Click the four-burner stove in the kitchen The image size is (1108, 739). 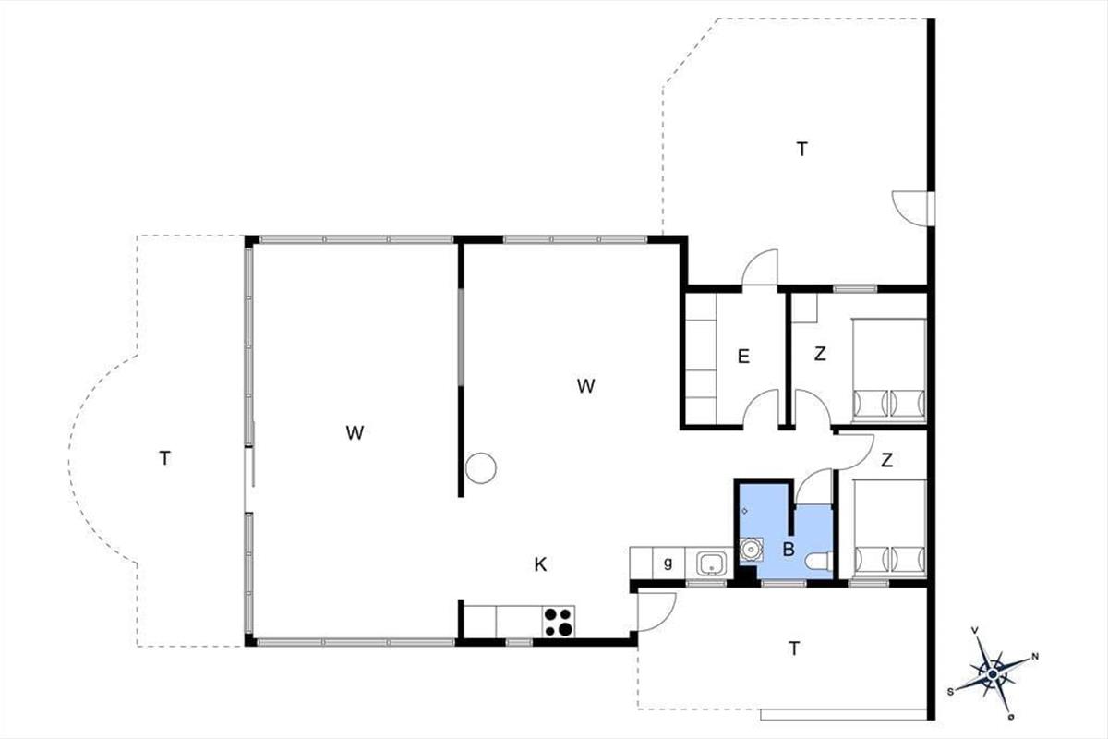coord(559,621)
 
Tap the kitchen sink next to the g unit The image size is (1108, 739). coord(711,563)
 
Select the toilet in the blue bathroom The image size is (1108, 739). coord(819,562)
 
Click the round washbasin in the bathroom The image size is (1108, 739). coord(751,549)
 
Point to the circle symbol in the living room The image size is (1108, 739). coord(481,467)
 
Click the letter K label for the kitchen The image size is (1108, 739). coord(540,564)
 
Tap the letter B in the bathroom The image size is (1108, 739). coord(789,549)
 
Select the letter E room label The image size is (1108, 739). coord(743,357)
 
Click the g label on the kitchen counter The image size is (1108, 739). coord(668,563)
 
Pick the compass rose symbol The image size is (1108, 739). coord(993,674)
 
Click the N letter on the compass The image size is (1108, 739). coord(1034,657)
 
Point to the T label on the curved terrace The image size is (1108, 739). coord(164,458)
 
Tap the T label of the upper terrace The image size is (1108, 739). coord(801,149)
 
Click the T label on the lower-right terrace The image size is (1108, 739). coord(794,648)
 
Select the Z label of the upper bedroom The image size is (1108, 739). coord(820,354)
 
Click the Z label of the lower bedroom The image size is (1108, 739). coord(886,460)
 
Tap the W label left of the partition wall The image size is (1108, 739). coord(355,432)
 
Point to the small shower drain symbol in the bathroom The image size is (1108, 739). coord(744,511)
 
